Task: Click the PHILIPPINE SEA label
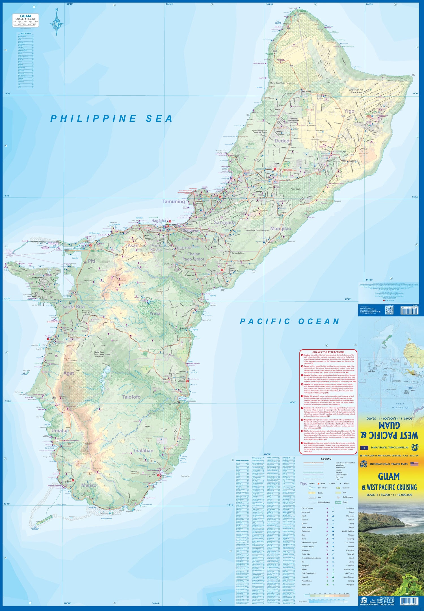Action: point(111,119)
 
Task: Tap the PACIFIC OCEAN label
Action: point(289,321)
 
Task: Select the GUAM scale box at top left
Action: point(25,20)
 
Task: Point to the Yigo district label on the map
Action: point(349,111)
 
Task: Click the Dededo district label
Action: point(283,141)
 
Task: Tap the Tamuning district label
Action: point(173,201)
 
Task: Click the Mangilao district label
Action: point(280,228)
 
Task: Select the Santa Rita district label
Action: point(73,306)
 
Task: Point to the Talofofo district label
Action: point(131,397)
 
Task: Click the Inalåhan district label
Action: point(144,451)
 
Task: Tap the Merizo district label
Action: point(89,485)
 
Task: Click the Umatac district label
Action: point(60,430)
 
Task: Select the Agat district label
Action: point(69,373)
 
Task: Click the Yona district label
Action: point(155,314)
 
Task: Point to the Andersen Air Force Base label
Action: point(356,91)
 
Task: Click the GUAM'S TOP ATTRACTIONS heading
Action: point(328,352)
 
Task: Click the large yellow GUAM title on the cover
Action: point(389,477)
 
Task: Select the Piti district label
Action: point(92,261)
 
